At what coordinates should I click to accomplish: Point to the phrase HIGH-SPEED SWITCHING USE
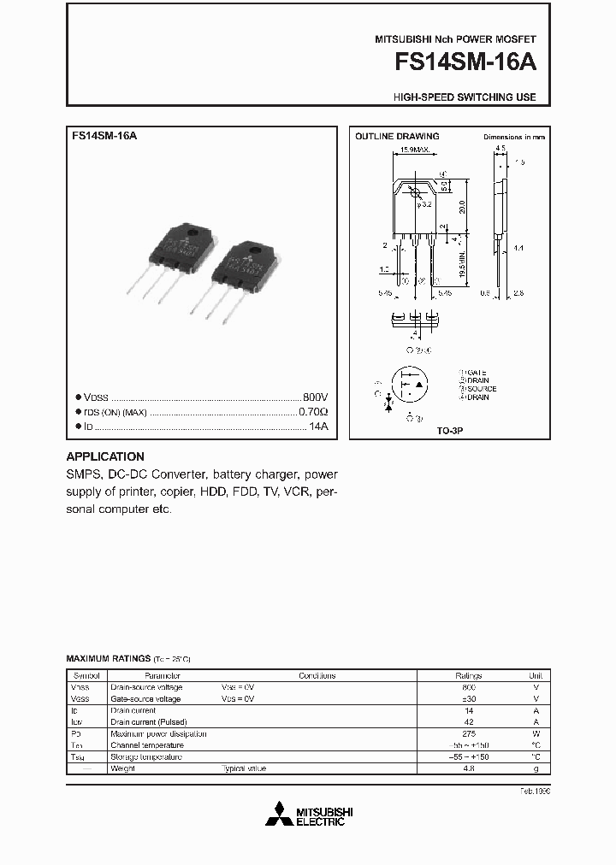[465, 97]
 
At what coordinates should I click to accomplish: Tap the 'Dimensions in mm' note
[514, 137]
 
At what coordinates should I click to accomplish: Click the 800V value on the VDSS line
[316, 397]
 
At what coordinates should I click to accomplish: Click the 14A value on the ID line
[319, 426]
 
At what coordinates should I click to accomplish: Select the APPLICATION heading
[105, 456]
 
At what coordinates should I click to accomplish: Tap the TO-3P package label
[450, 432]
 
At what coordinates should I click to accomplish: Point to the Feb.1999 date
[534, 791]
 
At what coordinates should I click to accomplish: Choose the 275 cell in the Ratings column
[469, 733]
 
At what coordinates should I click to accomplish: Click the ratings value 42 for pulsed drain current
[469, 722]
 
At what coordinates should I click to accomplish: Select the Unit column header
[536, 675]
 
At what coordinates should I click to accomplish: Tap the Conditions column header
[317, 675]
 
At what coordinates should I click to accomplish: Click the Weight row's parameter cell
[124, 768]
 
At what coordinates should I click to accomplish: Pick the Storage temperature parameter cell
[146, 756]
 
